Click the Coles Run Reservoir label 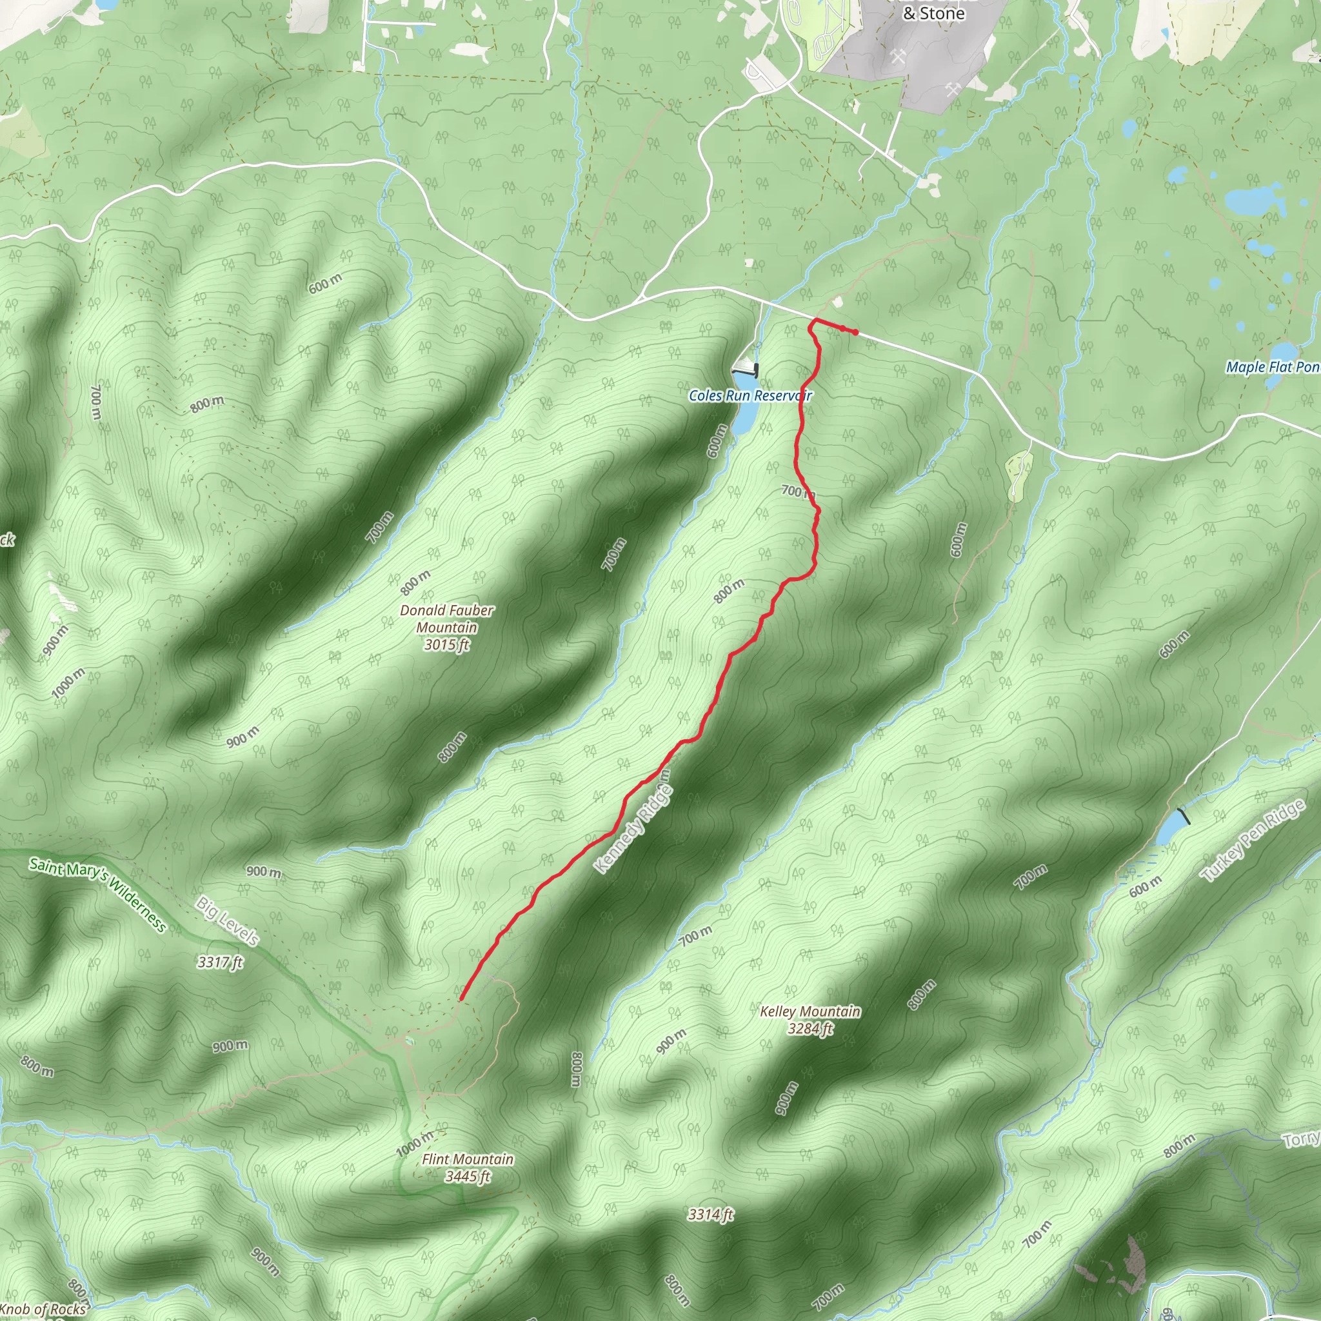tap(750, 395)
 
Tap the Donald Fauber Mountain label tap(446, 618)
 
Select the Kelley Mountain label tap(810, 1011)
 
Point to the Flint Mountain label tap(468, 1159)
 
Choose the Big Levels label tap(228, 921)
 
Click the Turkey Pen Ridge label tap(1253, 840)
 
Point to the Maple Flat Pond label tap(1273, 367)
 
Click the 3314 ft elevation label tap(710, 1215)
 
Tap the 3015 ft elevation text tap(446, 645)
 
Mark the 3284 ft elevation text tap(810, 1028)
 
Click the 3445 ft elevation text tap(468, 1176)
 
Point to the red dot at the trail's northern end tap(855, 332)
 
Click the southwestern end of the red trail tap(462, 998)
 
